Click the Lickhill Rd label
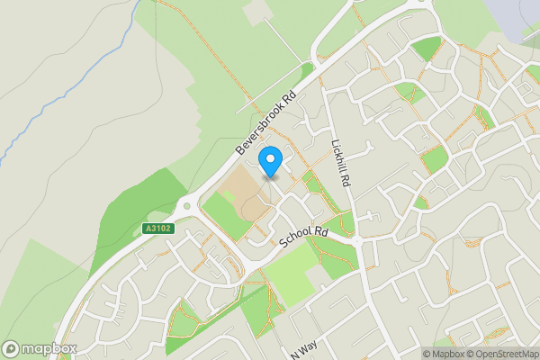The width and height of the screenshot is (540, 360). [339, 162]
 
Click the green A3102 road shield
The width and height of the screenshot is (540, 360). [157, 229]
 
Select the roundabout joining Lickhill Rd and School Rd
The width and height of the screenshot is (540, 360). [357, 242]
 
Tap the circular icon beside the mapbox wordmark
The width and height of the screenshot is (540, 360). [12, 348]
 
